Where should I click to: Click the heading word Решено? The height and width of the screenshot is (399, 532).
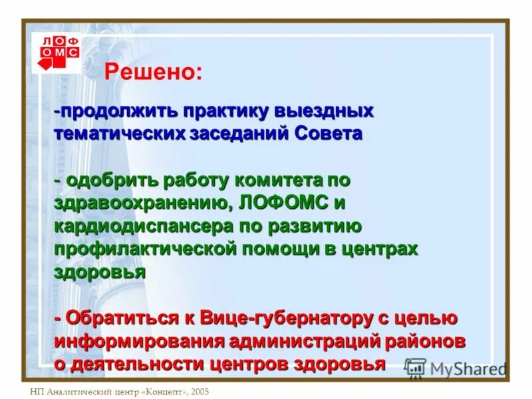[x=152, y=72]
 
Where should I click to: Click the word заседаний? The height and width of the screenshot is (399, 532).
[x=239, y=133]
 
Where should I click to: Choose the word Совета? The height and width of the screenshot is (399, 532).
[x=329, y=133]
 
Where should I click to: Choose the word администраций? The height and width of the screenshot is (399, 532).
[x=305, y=341]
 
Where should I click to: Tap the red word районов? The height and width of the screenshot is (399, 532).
[x=426, y=341]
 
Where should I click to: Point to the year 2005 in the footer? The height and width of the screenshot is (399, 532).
[x=198, y=392]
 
